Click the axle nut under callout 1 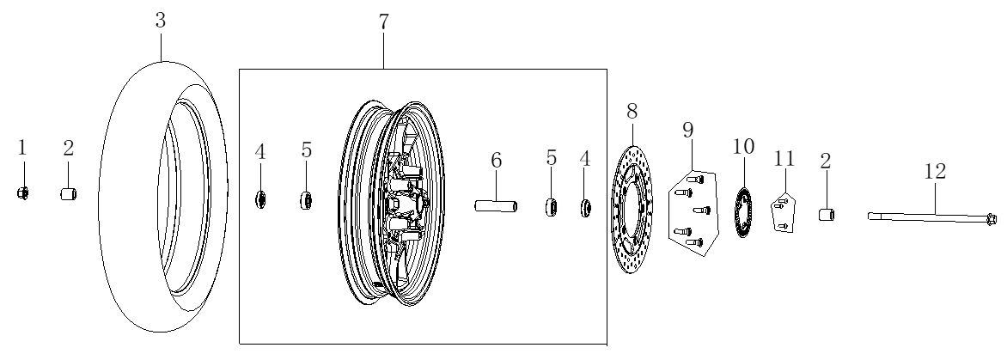click(x=22, y=192)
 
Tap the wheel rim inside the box click(x=390, y=203)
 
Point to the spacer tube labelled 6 click(x=496, y=206)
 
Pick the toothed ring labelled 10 click(x=743, y=212)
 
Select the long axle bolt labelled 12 click(x=932, y=218)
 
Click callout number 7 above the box click(x=383, y=21)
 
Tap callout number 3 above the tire click(x=161, y=20)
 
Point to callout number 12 click(x=936, y=171)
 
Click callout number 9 click(x=688, y=131)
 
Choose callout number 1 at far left click(x=22, y=149)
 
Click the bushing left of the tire click(x=69, y=194)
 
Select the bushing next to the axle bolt click(x=826, y=214)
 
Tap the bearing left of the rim click(x=306, y=200)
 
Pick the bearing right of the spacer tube click(x=551, y=208)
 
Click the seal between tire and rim click(x=260, y=199)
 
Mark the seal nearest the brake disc click(x=585, y=209)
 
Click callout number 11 click(x=784, y=158)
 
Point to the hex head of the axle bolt click(x=991, y=220)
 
